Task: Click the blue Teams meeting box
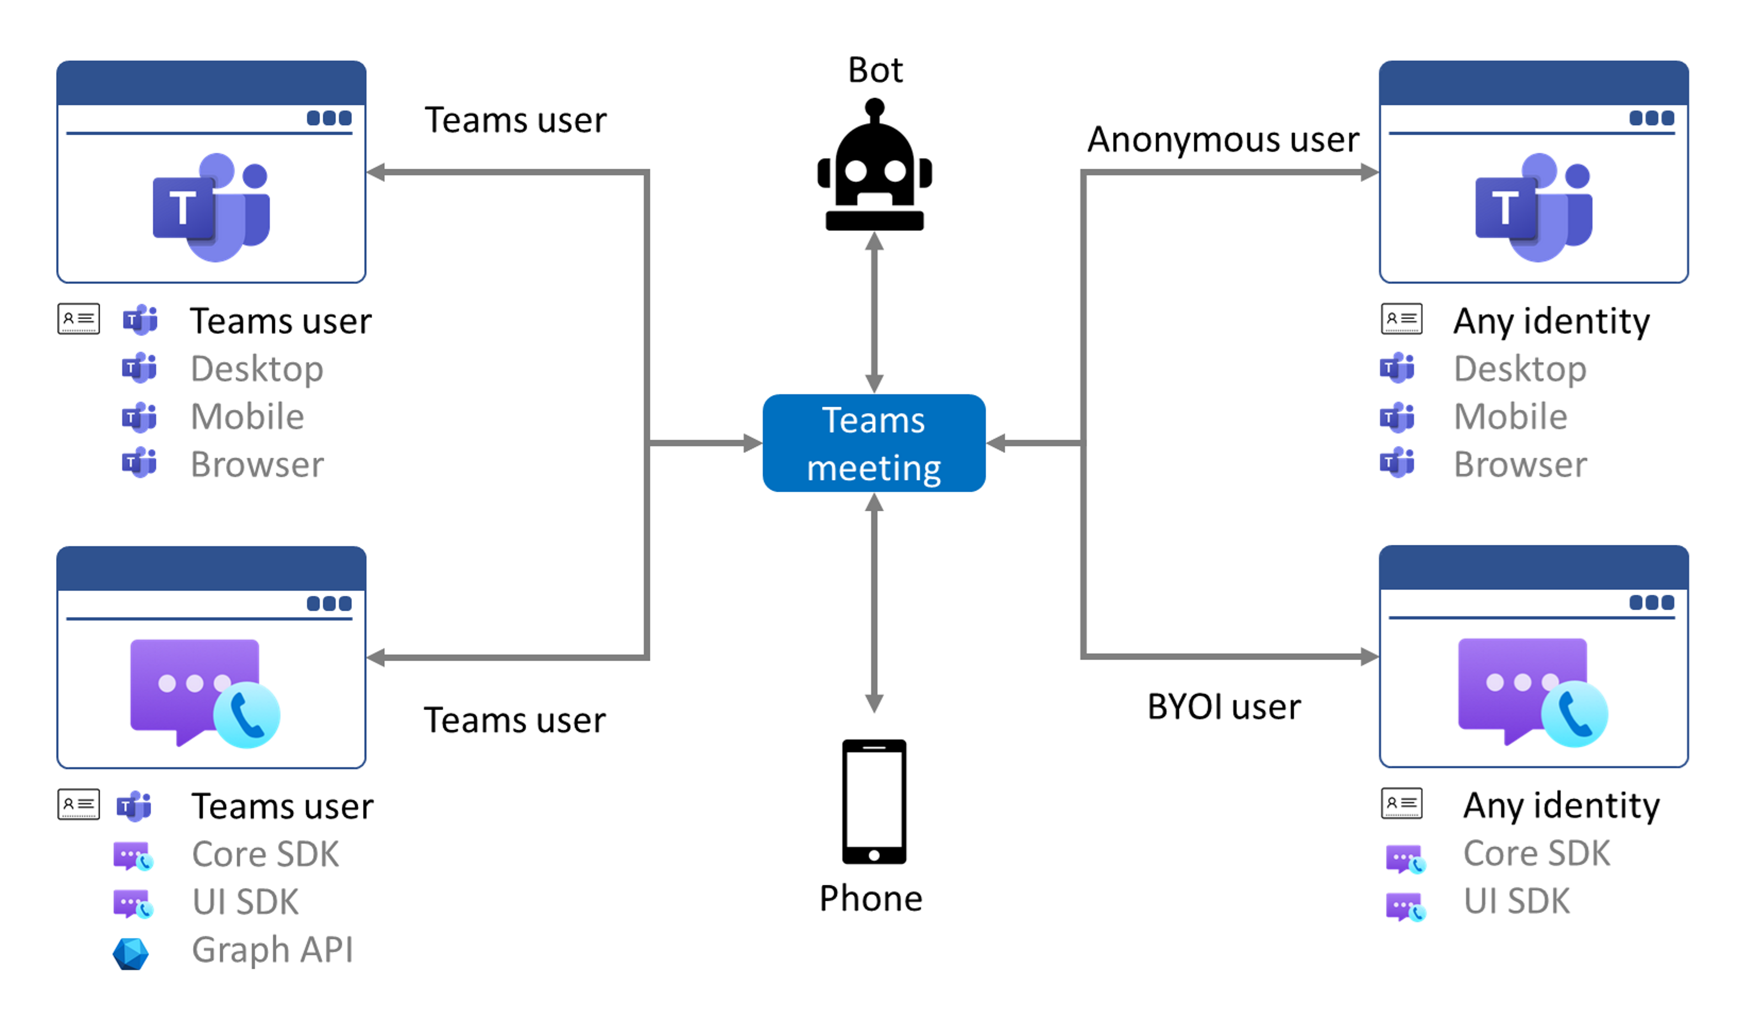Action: coord(874,443)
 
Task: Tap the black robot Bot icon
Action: coord(875,169)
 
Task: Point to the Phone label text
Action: coord(870,899)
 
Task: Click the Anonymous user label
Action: coord(1222,140)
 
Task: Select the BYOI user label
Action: coord(1224,707)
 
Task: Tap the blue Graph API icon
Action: coord(130,954)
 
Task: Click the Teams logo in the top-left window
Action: coord(211,207)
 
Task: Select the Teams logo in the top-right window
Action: coord(1533,207)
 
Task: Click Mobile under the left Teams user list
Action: coord(247,417)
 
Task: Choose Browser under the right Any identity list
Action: coord(1520,465)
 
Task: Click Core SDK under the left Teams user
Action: coord(265,854)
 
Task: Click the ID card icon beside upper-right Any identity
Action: coord(1401,319)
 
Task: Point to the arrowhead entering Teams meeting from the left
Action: coord(753,443)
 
